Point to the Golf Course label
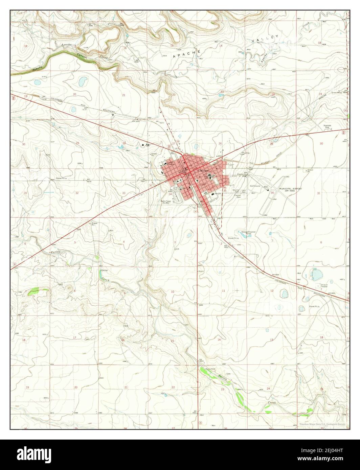pyautogui.click(x=255, y=186)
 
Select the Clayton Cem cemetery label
pyautogui.click(x=237, y=196)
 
